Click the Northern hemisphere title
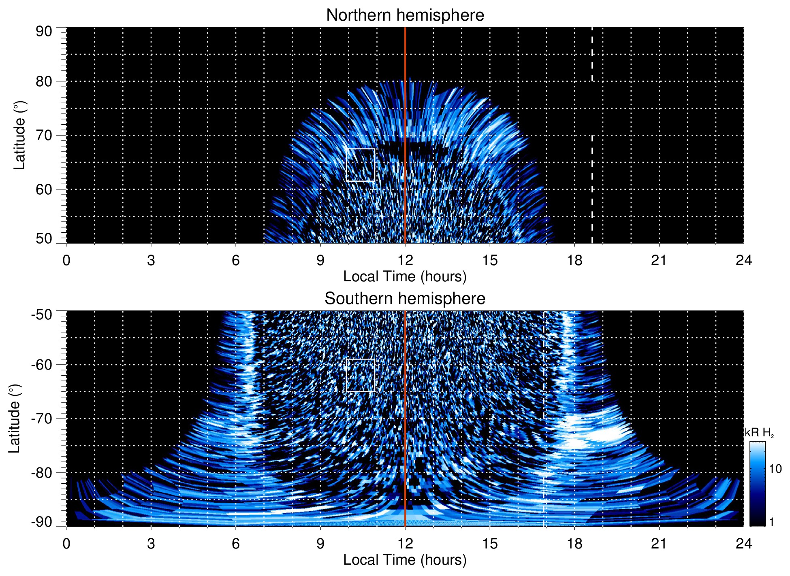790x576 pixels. (405, 15)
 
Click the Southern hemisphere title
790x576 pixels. (405, 299)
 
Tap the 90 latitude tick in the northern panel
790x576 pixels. (44, 32)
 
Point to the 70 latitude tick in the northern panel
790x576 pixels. (44, 135)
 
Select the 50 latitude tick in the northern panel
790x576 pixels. (44, 239)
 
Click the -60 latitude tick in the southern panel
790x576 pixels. (41, 364)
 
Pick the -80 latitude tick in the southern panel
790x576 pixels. (41, 472)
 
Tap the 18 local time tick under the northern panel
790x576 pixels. (574, 260)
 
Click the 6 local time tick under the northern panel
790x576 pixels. (235, 260)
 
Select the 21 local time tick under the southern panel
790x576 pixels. (659, 544)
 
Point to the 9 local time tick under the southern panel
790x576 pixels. (320, 544)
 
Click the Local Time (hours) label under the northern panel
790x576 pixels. (405, 276)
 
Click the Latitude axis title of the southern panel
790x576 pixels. (14, 419)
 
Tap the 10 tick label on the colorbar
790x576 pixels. (775, 469)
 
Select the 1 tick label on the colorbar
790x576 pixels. (771, 522)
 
